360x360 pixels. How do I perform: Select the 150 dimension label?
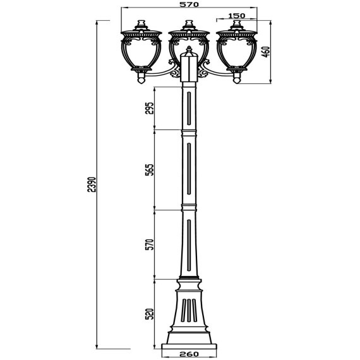(x=237, y=15)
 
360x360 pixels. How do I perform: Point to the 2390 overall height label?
(x=92, y=184)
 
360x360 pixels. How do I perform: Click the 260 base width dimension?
(x=189, y=355)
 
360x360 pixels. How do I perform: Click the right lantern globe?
(x=237, y=52)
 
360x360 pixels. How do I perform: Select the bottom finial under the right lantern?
(x=237, y=78)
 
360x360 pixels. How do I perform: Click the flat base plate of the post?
(x=189, y=345)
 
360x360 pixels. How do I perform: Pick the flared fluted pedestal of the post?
(x=189, y=313)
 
